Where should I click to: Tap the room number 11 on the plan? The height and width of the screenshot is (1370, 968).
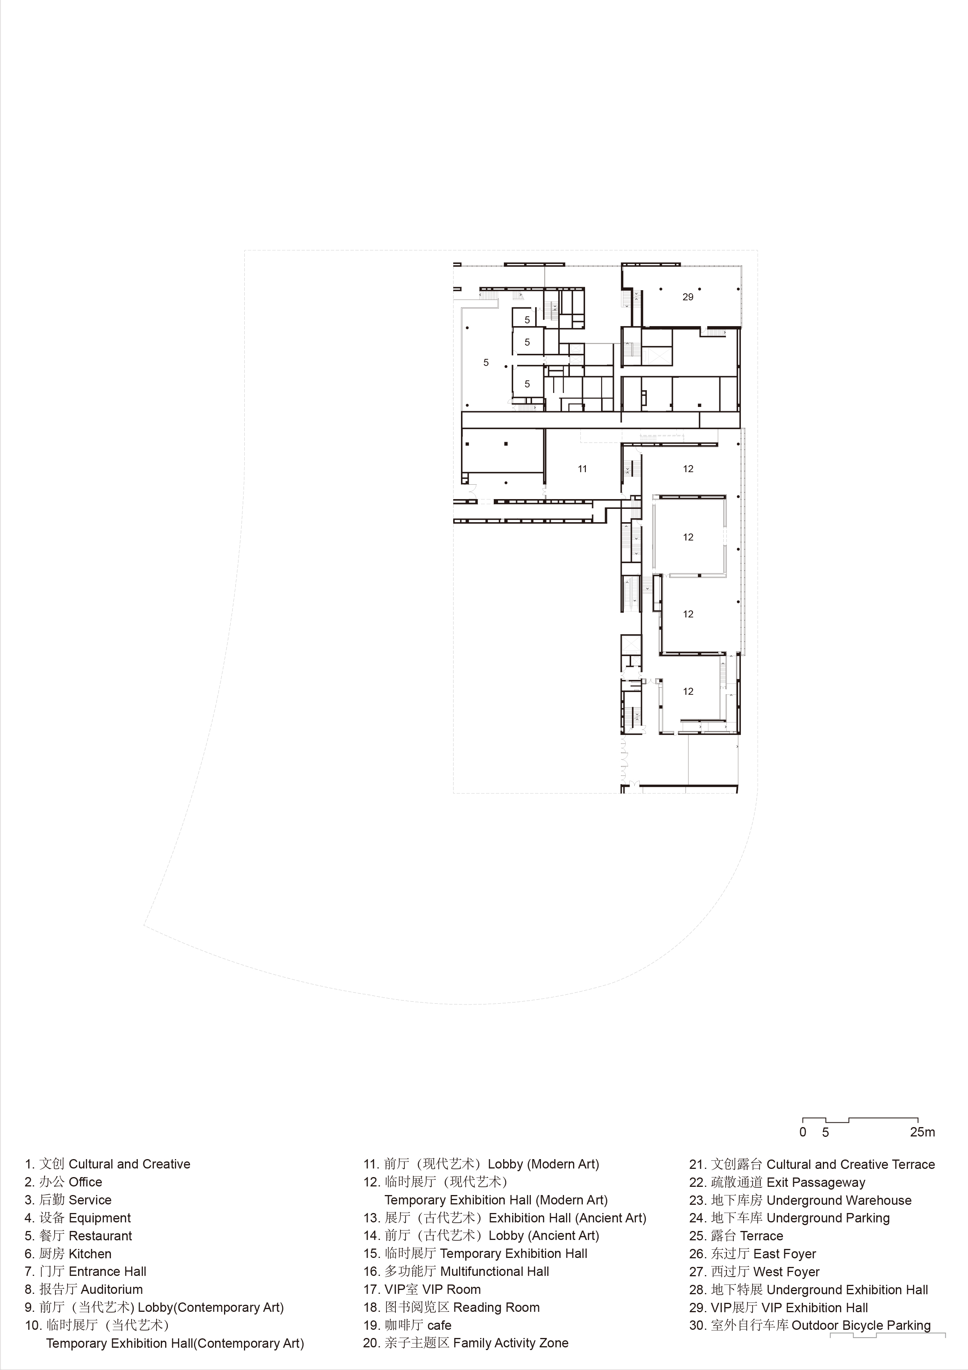[x=582, y=469]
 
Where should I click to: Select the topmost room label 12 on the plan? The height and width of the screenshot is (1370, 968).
[x=688, y=469]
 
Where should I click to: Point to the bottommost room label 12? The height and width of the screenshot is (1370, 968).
[x=688, y=692]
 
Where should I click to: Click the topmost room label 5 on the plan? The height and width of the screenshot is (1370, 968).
[x=527, y=320]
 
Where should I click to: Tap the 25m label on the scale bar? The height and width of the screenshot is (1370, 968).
[x=922, y=1132]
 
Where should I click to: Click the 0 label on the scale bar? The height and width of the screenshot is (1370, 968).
[x=803, y=1132]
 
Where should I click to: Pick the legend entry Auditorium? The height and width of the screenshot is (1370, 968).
[x=84, y=1290]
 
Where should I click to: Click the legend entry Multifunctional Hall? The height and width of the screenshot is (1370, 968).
[x=456, y=1272]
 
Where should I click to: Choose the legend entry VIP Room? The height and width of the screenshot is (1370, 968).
[x=422, y=1290]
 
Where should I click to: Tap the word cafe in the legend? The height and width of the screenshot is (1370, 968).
[x=440, y=1325]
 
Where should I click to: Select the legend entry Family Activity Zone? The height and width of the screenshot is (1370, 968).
[x=466, y=1343]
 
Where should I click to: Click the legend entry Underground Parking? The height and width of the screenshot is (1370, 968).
[x=790, y=1218]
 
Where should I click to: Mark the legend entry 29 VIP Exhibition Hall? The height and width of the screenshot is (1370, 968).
[x=779, y=1308]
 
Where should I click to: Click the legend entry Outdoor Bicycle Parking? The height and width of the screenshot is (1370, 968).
[x=810, y=1325]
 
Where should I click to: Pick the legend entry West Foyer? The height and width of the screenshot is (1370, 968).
[x=754, y=1272]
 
